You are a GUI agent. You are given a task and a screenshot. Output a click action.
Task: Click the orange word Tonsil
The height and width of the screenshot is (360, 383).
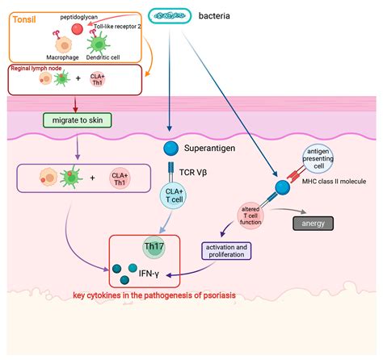coord(24,19)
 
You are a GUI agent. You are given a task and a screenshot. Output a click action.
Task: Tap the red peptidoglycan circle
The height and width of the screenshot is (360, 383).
coord(78,29)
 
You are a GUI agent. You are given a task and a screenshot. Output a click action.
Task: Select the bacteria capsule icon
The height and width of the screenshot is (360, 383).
coord(170,16)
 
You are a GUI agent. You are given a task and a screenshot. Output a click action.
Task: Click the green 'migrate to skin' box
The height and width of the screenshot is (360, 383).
coord(78,120)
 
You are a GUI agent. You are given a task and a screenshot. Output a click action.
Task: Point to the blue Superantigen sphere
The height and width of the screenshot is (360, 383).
coord(170,149)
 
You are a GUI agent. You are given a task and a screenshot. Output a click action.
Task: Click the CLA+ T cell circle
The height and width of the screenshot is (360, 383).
coord(174,196)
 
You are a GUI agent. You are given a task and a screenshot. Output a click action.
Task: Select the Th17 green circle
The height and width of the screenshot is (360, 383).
coord(154,247)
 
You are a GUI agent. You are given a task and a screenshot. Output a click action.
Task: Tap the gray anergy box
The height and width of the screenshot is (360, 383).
coord(313,224)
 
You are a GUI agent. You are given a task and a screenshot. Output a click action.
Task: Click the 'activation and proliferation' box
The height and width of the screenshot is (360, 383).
coord(226,251)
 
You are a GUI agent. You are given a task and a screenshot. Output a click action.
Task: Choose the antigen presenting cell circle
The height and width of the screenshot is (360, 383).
coord(318,159)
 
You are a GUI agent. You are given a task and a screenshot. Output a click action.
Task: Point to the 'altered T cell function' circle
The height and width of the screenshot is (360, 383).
coord(250,216)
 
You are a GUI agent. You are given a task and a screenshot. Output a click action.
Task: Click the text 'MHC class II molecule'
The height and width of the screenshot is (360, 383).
coord(334,182)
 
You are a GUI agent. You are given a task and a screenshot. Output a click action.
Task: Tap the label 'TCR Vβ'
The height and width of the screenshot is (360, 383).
coord(193,172)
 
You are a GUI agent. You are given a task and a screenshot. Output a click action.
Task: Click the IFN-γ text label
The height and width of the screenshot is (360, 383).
coord(149,274)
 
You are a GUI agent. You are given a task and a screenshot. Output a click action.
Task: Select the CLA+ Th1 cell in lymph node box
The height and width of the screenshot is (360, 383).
coord(97,80)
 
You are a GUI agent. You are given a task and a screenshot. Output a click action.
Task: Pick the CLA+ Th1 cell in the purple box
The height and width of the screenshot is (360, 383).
coord(120,179)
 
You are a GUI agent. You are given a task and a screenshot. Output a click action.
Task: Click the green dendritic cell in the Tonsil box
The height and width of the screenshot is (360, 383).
coord(99,43)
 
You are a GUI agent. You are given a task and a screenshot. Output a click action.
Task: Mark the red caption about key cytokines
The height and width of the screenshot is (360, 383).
coord(154,295)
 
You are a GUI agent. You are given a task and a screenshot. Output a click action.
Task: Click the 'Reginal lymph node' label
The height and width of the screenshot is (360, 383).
coord(36,69)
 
